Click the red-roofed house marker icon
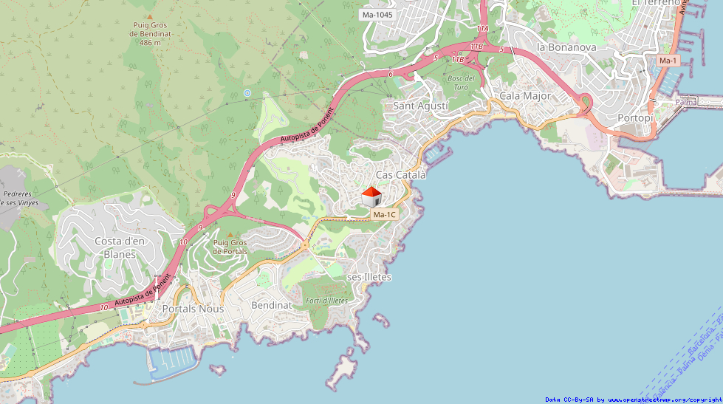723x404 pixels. click(371, 197)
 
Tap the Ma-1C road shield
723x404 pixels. click(385, 214)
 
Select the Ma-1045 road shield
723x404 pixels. click(377, 15)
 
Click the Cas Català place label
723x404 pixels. click(401, 175)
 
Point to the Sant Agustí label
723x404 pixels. click(420, 106)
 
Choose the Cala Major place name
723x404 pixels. click(525, 95)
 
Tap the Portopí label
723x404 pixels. click(635, 118)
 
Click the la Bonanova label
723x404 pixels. click(566, 47)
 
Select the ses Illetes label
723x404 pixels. click(369, 277)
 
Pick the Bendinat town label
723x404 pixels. click(272, 305)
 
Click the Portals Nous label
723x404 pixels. click(193, 309)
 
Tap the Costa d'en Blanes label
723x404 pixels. click(120, 247)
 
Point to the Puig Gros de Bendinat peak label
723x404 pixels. click(150, 33)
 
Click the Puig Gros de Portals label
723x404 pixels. click(230, 247)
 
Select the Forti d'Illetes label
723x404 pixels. click(326, 301)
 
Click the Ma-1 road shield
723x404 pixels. click(668, 61)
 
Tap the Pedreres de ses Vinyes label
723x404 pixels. click(19, 196)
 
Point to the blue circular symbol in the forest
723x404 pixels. click(247, 93)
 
